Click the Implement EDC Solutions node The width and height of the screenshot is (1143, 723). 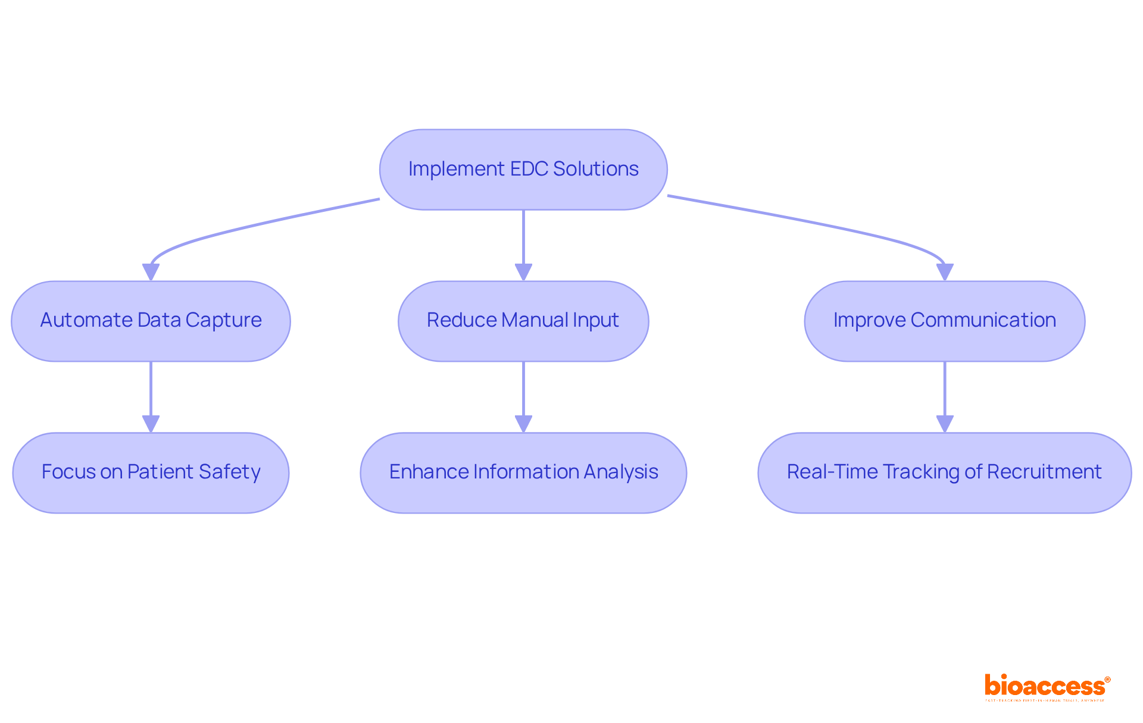523,170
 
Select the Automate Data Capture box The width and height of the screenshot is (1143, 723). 151,321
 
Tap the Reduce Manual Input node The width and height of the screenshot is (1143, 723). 523,321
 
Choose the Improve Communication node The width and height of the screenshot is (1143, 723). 944,321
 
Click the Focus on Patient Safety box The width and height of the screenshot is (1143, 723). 151,472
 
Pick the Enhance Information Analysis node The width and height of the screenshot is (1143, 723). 523,472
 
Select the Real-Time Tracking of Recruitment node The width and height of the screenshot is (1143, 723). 944,472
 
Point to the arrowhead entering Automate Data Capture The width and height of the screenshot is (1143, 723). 151,272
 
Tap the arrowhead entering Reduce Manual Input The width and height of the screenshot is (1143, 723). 523,272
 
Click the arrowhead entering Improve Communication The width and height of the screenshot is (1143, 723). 945,272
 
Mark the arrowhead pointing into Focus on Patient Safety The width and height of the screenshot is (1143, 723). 151,424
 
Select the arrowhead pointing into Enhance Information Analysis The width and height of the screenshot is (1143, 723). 523,424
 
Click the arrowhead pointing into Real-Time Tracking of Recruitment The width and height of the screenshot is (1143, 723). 945,424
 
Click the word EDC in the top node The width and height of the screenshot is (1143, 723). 529,169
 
